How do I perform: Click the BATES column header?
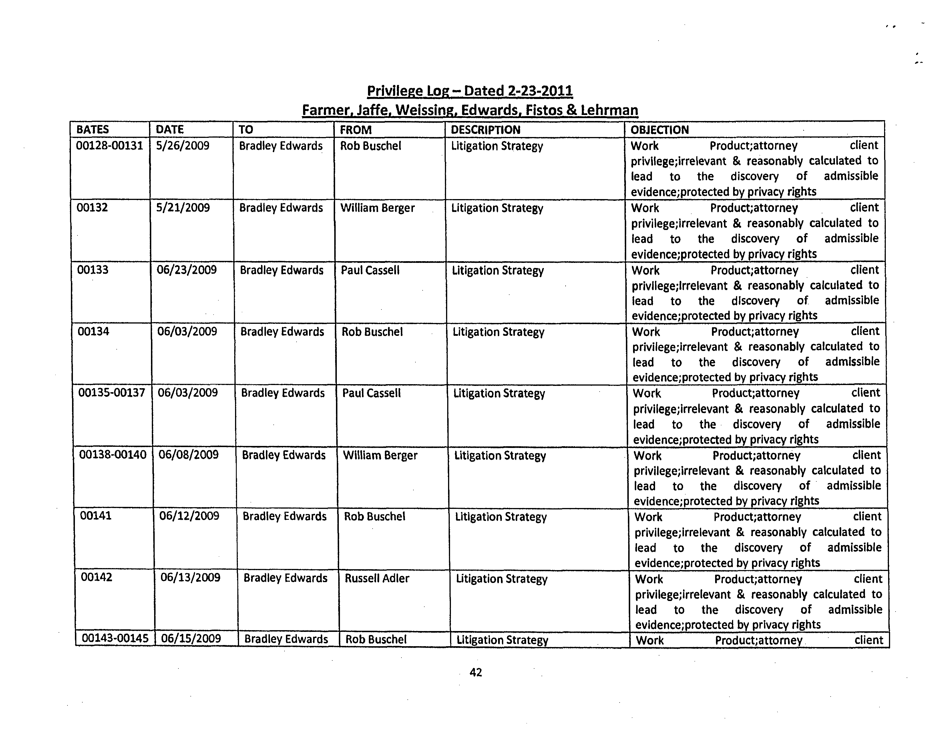click(92, 129)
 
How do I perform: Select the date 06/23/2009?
click(186, 270)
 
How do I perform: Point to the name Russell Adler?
click(377, 578)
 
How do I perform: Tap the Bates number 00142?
click(96, 577)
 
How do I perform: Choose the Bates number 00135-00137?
click(112, 392)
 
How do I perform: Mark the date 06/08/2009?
click(188, 455)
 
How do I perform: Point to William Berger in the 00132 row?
click(377, 208)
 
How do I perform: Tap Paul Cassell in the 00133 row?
click(370, 270)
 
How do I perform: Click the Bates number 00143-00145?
click(115, 638)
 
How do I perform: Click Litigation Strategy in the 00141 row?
click(501, 517)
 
